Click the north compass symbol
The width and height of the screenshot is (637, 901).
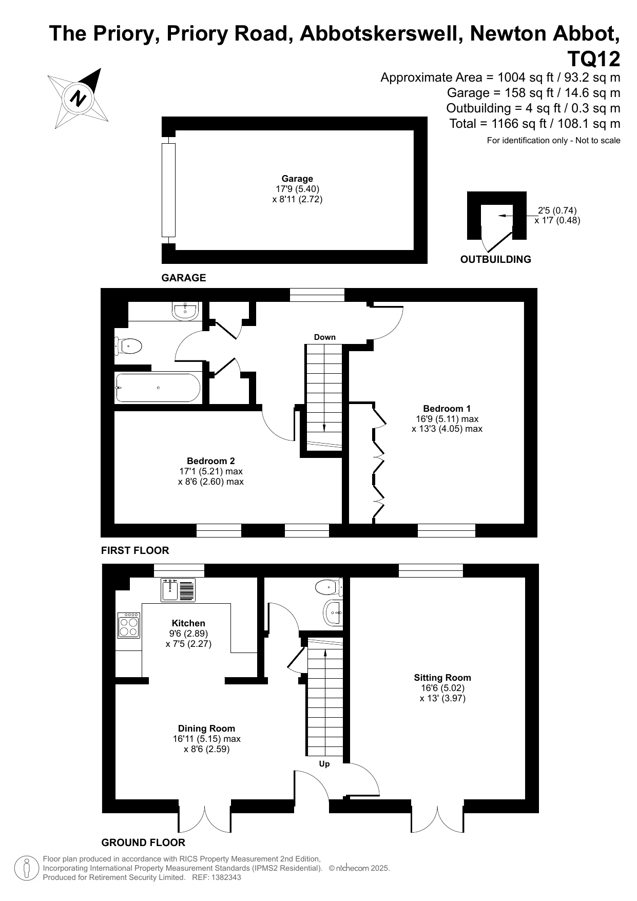click(79, 98)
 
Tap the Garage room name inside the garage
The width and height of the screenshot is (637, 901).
click(297, 179)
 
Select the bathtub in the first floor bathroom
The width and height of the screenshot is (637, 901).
click(158, 388)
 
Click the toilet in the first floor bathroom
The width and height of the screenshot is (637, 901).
click(128, 346)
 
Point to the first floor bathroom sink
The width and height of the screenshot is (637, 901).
click(185, 311)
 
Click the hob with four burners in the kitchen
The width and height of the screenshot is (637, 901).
click(129, 625)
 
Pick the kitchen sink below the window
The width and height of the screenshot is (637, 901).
click(178, 589)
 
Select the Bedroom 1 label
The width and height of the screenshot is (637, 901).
click(447, 409)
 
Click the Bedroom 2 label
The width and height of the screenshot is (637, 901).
click(211, 461)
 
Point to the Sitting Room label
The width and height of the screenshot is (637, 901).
click(442, 678)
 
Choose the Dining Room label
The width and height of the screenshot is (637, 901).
click(206, 729)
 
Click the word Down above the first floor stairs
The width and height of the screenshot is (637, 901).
click(325, 337)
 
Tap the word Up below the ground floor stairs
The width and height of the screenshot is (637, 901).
click(324, 764)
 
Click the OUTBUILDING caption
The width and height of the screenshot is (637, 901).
click(496, 259)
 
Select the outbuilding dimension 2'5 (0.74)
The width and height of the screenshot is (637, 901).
click(557, 210)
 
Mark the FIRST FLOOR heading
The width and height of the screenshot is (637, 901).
click(135, 550)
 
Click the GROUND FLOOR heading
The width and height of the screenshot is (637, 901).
click(143, 842)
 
